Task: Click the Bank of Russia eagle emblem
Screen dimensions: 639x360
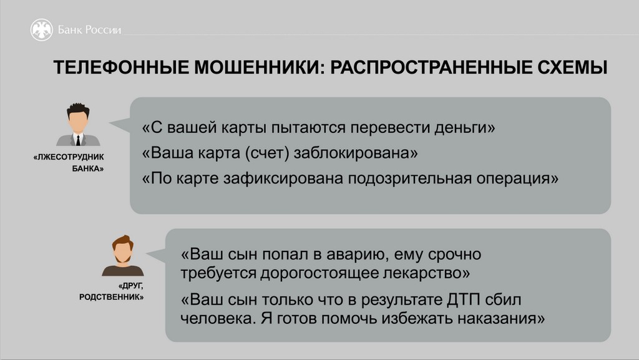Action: pos(42,30)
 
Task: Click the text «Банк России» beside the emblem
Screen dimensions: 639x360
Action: pos(89,30)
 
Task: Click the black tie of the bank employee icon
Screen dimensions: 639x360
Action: pos(78,140)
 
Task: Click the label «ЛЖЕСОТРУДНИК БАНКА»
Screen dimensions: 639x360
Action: pos(69,162)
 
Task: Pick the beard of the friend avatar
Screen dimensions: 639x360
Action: pos(123,258)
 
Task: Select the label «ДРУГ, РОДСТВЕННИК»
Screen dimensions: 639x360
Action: pos(111,291)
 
